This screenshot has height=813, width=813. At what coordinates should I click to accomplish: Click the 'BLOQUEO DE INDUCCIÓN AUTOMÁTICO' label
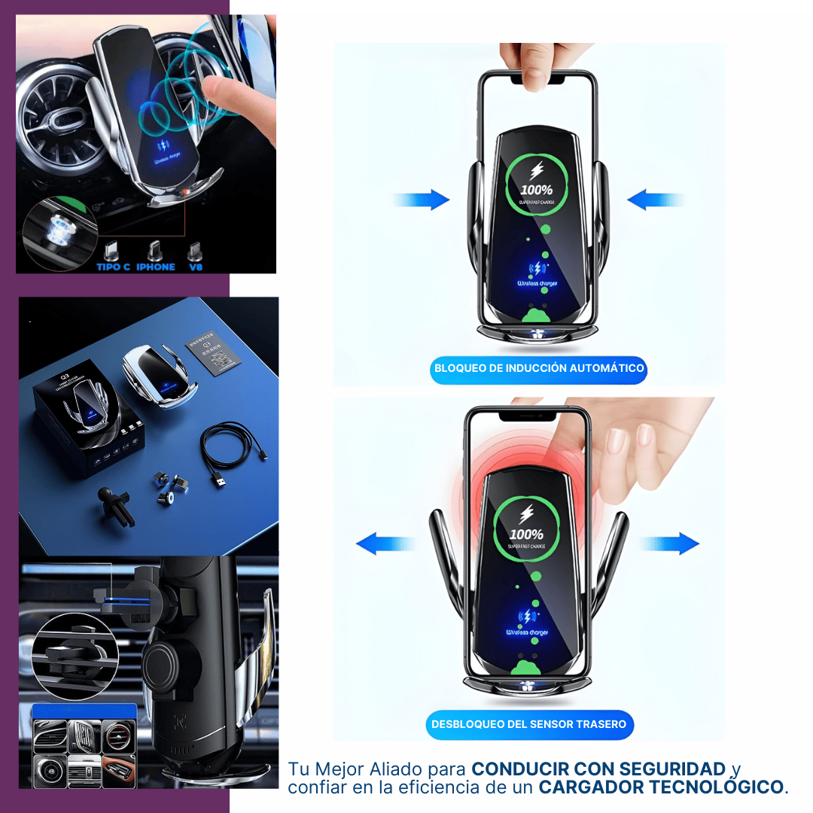(539, 369)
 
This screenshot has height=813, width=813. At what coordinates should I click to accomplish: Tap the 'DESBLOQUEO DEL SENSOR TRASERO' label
(528, 724)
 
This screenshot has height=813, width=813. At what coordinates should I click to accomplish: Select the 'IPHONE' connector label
(156, 266)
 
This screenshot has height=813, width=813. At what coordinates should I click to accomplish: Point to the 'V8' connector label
(196, 266)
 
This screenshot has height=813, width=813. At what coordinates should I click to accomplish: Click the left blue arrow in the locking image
(422, 200)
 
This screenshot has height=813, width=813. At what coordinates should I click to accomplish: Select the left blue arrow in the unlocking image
(385, 544)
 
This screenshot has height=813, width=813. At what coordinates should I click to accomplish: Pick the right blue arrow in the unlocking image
(670, 544)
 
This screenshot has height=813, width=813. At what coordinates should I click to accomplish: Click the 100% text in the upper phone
(535, 190)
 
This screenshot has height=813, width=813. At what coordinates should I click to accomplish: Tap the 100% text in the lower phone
(526, 534)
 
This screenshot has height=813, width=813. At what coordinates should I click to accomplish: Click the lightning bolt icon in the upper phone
(536, 168)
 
